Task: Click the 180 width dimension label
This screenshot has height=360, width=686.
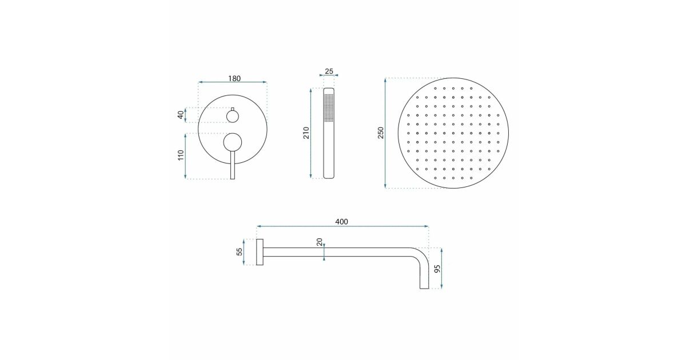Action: [x=234, y=78]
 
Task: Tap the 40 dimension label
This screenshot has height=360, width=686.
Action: [x=181, y=115]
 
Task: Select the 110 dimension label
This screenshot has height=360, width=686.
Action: [x=181, y=155]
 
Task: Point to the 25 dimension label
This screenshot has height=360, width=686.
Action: [x=329, y=71]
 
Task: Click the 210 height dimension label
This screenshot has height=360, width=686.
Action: [x=306, y=133]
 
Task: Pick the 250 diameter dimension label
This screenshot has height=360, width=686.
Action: [x=380, y=133]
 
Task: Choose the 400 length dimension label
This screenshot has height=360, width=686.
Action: [x=341, y=222]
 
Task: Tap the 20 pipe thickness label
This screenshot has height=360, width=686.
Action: [x=320, y=242]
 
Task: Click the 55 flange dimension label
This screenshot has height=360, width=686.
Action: [x=240, y=251]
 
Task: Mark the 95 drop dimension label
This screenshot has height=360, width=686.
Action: [x=437, y=269]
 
